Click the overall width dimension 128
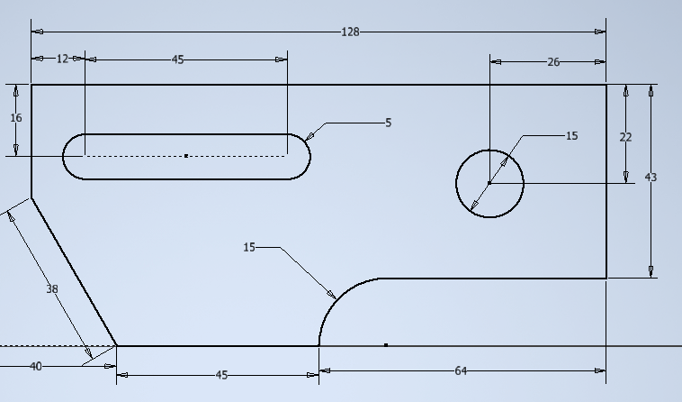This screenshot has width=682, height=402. pyautogui.click(x=350, y=32)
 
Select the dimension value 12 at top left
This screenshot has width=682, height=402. pyautogui.click(x=62, y=59)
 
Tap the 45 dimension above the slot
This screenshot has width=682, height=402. pyautogui.click(x=177, y=59)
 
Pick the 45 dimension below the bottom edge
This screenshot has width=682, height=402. pyautogui.click(x=222, y=375)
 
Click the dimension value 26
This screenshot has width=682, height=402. pyautogui.click(x=553, y=62)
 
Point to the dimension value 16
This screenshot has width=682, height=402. pyautogui.click(x=16, y=118)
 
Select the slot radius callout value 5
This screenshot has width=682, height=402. pyautogui.click(x=388, y=123)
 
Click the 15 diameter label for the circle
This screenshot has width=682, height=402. pyautogui.click(x=571, y=136)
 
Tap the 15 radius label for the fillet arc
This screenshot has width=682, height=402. pyautogui.click(x=249, y=247)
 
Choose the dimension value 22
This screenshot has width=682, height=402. pyautogui.click(x=625, y=137)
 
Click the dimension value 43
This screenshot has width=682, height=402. pyautogui.click(x=651, y=178)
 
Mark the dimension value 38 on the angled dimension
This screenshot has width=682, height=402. pyautogui.click(x=52, y=289)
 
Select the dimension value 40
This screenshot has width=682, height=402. pyautogui.click(x=36, y=366)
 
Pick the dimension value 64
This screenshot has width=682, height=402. pyautogui.click(x=461, y=370)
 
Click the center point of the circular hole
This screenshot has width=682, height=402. pyautogui.click(x=489, y=183)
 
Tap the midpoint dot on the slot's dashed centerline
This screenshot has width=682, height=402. pyautogui.click(x=186, y=156)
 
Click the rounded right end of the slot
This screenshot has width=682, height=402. pyautogui.click(x=309, y=156)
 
